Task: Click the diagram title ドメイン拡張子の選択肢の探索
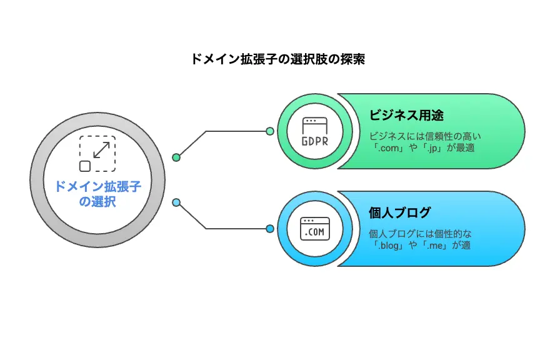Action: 277,60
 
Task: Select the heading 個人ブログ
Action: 399,213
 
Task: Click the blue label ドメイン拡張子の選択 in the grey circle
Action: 97,194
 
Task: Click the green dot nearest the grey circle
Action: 176,157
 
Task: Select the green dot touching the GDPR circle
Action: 269,131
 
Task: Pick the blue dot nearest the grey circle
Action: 176,202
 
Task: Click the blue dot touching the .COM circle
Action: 269,229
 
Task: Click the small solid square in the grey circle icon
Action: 84,166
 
